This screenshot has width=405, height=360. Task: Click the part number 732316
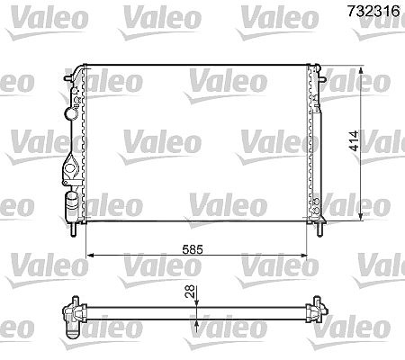click(x=373, y=11)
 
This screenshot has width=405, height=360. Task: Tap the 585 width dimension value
click(x=193, y=249)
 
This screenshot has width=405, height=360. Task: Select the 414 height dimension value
click(x=354, y=140)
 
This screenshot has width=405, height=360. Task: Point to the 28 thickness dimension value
click(x=190, y=292)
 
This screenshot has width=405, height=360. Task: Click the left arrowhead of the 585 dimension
click(x=90, y=256)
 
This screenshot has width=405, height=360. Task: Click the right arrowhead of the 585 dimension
click(x=303, y=256)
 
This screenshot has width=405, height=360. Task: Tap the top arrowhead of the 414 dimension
click(x=361, y=70)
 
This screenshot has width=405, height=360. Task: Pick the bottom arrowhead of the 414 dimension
click(x=361, y=217)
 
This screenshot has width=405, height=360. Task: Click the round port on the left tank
click(x=71, y=114)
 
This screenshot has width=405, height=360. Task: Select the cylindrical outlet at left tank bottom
click(x=72, y=202)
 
